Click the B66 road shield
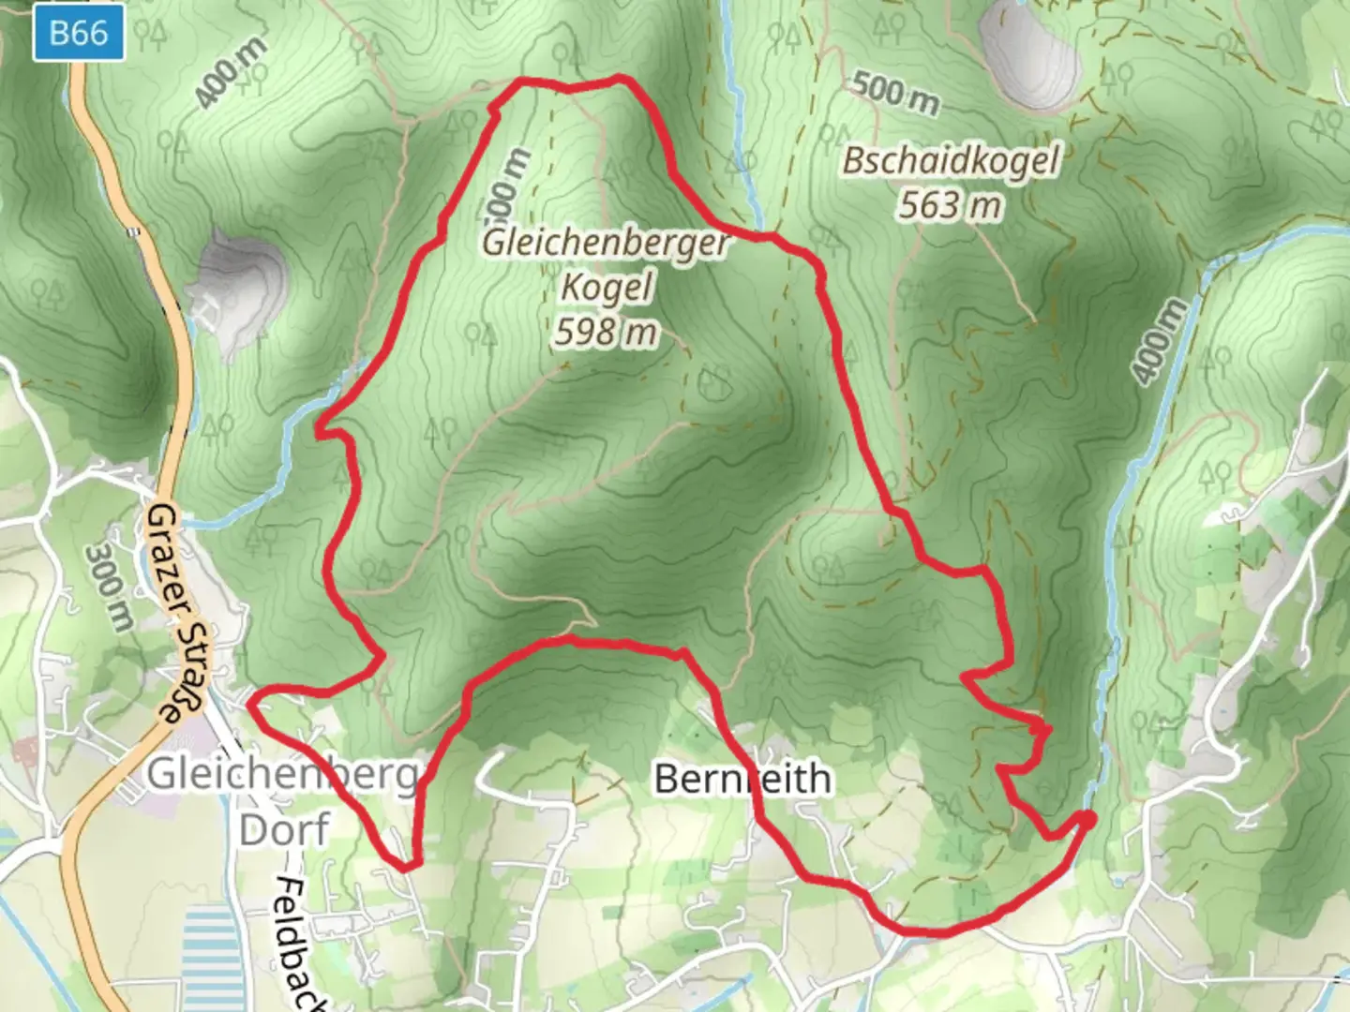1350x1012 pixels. (x=79, y=34)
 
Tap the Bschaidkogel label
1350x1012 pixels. (x=950, y=160)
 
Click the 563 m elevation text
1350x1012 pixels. (x=950, y=204)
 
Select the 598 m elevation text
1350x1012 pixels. (x=606, y=332)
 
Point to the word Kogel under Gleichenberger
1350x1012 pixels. (x=606, y=287)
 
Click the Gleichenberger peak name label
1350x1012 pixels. (x=606, y=244)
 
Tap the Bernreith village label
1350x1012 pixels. (x=742, y=779)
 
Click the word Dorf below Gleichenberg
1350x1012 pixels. (x=284, y=829)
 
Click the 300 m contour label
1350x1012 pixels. (x=109, y=588)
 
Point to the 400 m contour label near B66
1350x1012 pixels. (x=231, y=73)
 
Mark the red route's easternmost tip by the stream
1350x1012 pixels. (x=1088, y=820)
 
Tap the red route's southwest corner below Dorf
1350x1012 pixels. (x=406, y=866)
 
